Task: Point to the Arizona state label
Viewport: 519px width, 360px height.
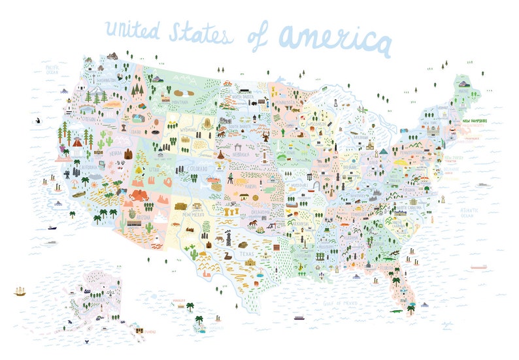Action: coord(143,216)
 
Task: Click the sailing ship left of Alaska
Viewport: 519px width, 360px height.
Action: coord(20,291)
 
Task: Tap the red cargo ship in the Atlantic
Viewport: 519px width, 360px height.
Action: coord(478,267)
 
